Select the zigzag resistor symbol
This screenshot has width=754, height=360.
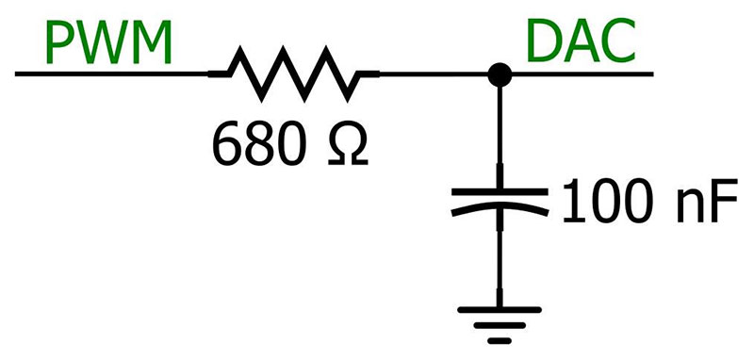[292, 73]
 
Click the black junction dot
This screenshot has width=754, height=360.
[500, 73]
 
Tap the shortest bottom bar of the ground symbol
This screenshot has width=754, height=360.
[500, 340]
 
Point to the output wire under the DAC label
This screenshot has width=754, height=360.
[584, 73]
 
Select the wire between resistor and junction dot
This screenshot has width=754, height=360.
[429, 73]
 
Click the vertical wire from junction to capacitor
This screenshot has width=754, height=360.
[500, 132]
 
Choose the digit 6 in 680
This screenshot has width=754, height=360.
[224, 142]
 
